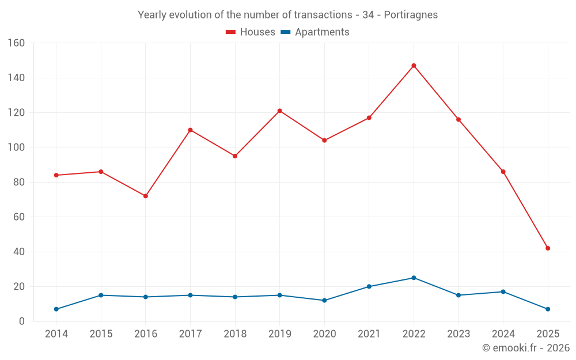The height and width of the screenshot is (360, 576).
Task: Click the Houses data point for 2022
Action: [414, 66]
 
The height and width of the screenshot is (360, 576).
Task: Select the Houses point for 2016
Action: [146, 196]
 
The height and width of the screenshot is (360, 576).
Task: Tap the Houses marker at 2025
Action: [548, 248]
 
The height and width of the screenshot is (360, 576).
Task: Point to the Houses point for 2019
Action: [279, 111]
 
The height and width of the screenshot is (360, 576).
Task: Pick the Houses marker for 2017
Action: [190, 130]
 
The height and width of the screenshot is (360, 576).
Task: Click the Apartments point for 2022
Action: [414, 278]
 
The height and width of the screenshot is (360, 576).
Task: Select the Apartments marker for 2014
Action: [56, 309]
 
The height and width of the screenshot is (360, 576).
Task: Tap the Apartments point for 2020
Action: [324, 301]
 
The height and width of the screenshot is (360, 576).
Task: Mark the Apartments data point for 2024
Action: [503, 291]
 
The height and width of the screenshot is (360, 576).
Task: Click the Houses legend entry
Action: [251, 32]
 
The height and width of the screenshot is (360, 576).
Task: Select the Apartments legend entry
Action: [315, 32]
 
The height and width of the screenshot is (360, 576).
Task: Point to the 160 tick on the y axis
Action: [17, 43]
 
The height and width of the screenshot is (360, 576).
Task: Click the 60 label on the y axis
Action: [19, 217]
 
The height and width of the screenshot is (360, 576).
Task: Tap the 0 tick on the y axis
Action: [22, 321]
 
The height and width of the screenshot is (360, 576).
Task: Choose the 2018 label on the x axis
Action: [235, 334]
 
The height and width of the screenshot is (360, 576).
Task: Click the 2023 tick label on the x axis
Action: [458, 334]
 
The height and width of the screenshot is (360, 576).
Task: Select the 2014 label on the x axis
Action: [56, 334]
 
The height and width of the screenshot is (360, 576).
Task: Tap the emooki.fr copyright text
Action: [525, 348]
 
